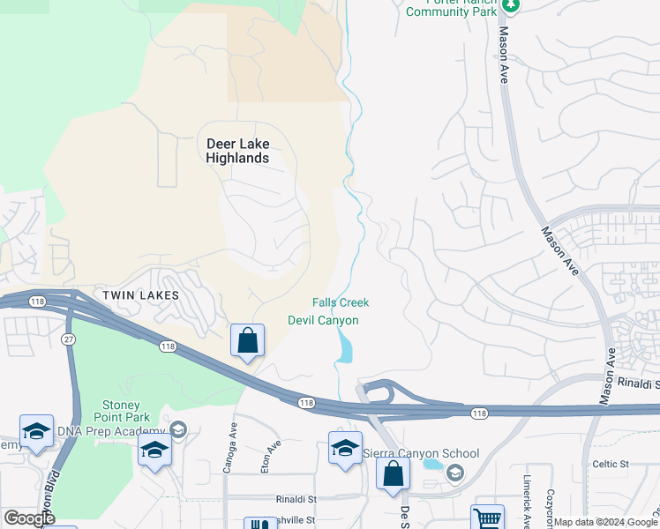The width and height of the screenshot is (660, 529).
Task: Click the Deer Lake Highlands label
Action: point(237,151)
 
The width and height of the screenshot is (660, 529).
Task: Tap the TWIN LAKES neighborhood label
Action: point(140,295)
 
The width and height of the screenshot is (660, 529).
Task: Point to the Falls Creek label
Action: point(341,302)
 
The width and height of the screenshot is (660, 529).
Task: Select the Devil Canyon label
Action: point(323,320)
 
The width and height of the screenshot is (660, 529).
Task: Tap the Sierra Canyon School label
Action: point(421,454)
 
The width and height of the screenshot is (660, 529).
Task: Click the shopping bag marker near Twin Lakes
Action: point(248,339)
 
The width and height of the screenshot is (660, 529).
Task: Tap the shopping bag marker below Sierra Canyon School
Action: point(393,473)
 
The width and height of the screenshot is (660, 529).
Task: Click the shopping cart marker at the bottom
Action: point(487,518)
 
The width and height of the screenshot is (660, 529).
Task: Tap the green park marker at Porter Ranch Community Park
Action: point(510,4)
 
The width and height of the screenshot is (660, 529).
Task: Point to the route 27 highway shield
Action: point(67,338)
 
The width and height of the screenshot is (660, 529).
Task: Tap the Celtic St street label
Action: point(610,464)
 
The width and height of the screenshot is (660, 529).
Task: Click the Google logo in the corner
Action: point(29,518)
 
